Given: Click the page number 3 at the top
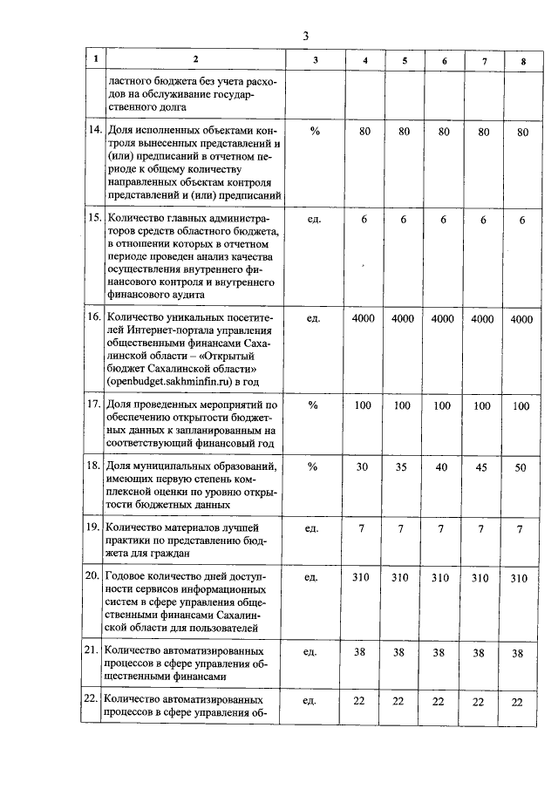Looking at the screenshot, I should click(305, 36).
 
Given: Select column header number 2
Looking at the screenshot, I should click(196, 59).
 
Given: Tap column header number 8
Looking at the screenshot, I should click(522, 60).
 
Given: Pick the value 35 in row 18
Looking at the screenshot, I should click(403, 466).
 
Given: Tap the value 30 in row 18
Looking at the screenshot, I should click(364, 466).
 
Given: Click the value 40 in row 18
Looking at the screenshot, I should click(443, 466).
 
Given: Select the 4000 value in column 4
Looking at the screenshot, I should click(364, 318).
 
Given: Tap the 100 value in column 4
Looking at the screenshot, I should click(364, 405).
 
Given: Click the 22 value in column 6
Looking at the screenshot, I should click(443, 702).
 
